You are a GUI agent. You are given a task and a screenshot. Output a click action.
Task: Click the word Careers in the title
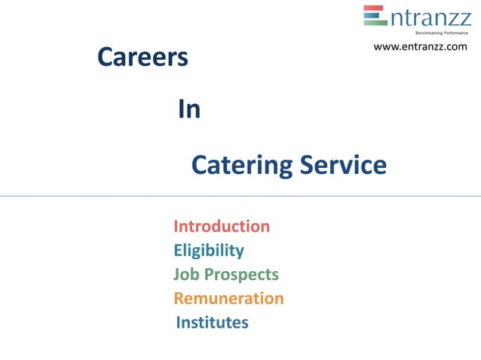pos(142,57)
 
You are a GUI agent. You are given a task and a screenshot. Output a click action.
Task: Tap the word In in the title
pos(189,110)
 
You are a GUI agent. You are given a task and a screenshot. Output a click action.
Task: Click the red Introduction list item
pos(222,227)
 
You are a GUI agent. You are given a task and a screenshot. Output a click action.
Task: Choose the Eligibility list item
pos(209,251)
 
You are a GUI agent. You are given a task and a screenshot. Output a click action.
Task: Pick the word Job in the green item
pos(186,275)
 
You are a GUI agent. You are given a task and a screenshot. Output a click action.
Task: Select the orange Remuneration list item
pos(228,298)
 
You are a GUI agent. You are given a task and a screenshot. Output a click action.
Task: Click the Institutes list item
pos(212,323)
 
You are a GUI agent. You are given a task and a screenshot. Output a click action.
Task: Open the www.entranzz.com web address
pos(420,47)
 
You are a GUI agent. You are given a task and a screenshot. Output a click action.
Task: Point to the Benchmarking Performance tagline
pos(442,33)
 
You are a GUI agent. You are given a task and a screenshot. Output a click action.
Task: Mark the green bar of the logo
pos(375,23)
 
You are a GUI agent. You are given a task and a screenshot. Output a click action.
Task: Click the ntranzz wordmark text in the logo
pos(430,17)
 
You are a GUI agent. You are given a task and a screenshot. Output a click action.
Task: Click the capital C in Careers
pos(106,57)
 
